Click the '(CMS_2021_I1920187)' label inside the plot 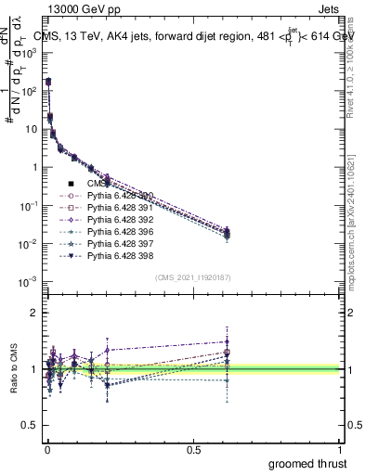coord(193,277)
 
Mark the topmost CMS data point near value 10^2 coord(47,83)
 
